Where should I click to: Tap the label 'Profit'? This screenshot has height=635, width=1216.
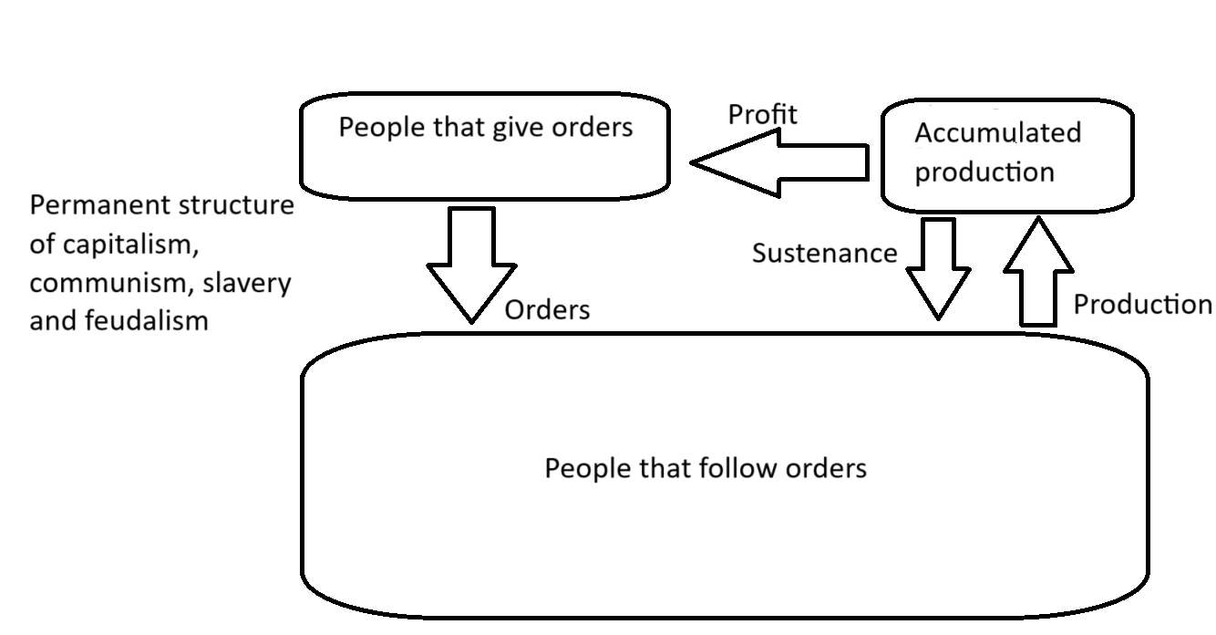[762, 114]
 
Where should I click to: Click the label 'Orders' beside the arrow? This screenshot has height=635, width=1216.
[547, 310]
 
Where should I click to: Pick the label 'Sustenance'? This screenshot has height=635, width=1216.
[824, 253]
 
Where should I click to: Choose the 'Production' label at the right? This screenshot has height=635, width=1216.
[1142, 304]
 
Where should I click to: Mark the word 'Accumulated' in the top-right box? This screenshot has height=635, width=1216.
[997, 133]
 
